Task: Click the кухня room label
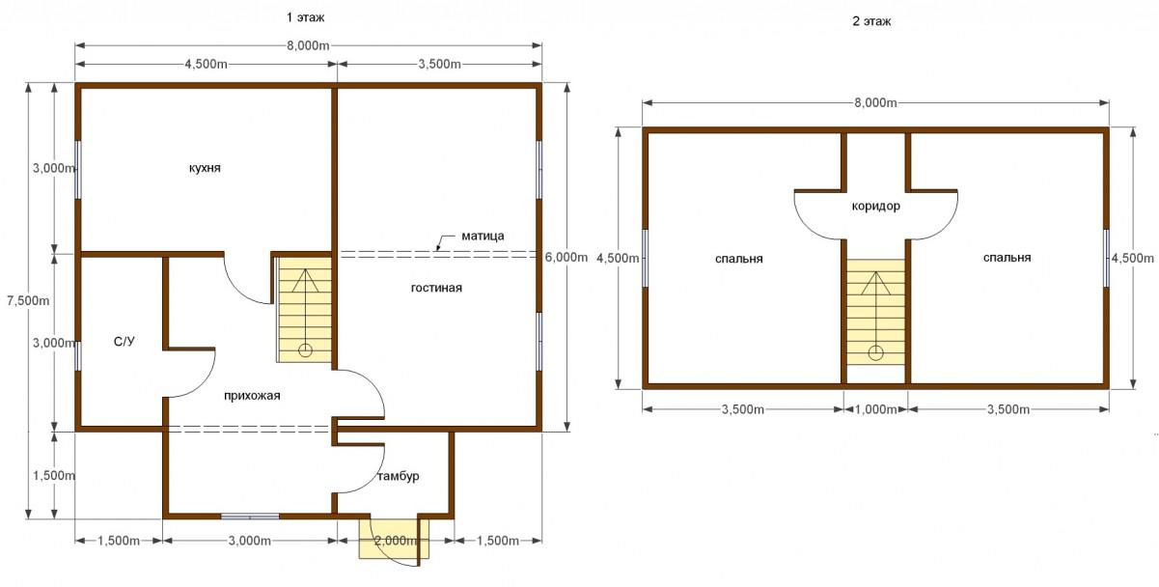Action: pos(205,168)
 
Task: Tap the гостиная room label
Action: pos(436,288)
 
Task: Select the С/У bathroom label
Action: pos(124,342)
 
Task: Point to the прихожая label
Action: pos(252,396)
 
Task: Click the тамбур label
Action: pos(398,476)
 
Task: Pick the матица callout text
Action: pos(483,236)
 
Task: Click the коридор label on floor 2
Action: pos(875,206)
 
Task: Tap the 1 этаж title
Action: pos(306,17)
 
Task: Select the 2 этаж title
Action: pos(871,21)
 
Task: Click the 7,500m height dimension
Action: pos(28,301)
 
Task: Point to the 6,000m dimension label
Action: pos(566,257)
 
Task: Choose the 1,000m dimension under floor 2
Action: pos(875,409)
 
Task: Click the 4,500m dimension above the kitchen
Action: pos(206,64)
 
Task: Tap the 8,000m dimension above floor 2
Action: pos(875,103)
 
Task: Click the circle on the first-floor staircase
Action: pos(305,350)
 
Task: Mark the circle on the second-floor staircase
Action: pos(875,353)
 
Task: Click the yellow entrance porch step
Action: pos(395,539)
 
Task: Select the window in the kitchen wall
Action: pos(77,170)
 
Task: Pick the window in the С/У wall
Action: pos(77,355)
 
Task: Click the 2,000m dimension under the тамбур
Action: pos(396,541)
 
